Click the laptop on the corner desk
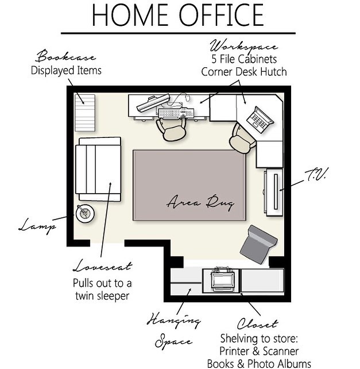point(260,120)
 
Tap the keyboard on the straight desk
point(176,113)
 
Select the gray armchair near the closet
point(258,244)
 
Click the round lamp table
point(85,213)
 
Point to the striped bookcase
point(85,113)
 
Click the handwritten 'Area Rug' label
point(200,202)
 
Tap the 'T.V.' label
point(316,175)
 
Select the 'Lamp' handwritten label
point(38,226)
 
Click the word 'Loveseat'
point(103,266)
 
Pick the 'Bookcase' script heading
point(66,56)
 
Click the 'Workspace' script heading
point(244,46)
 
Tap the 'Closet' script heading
point(257,324)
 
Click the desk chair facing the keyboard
point(172,129)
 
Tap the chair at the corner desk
point(242,139)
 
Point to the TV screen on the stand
point(276,191)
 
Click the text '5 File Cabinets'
point(244,59)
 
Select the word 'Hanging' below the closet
point(173,320)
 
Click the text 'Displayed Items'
point(66,70)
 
